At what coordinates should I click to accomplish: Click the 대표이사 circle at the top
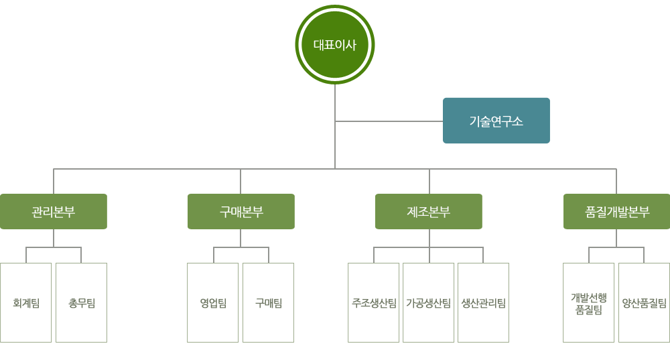click(x=334, y=44)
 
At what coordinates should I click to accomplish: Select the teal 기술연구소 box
click(x=496, y=121)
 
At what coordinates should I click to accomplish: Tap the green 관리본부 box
click(x=54, y=212)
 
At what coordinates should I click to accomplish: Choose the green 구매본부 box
click(x=241, y=212)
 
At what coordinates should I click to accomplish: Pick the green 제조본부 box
click(x=429, y=212)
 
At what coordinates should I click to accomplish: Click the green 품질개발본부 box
click(x=616, y=212)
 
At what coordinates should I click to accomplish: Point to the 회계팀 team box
click(x=25, y=303)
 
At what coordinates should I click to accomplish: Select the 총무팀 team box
click(x=81, y=303)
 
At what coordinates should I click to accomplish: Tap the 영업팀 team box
click(x=213, y=303)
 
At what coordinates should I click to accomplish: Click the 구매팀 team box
click(x=269, y=303)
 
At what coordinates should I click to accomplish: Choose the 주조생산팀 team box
click(x=373, y=303)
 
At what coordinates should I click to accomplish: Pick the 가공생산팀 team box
click(x=429, y=303)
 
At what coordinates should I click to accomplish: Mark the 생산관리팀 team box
click(x=483, y=303)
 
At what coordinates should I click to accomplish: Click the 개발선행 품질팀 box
click(x=588, y=303)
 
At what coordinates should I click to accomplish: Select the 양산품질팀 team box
click(x=644, y=303)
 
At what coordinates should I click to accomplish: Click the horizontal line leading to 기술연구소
click(x=389, y=121)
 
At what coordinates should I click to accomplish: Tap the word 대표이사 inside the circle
click(x=334, y=45)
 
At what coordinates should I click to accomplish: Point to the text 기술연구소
click(x=496, y=121)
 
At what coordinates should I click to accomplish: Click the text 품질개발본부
click(x=617, y=212)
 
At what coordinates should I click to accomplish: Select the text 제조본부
click(x=429, y=212)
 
